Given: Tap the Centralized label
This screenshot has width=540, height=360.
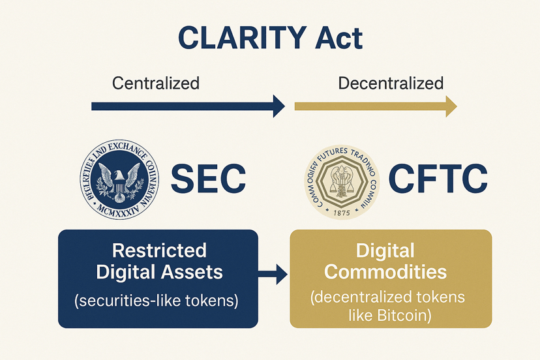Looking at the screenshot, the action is pyautogui.click(x=156, y=83).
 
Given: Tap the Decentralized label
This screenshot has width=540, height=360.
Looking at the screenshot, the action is pyautogui.click(x=391, y=83).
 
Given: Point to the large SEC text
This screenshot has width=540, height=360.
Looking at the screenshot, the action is pyautogui.click(x=208, y=179).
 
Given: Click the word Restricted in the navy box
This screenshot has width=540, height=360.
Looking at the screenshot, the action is pyautogui.click(x=159, y=250).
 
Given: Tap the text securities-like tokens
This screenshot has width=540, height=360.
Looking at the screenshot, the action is pyautogui.click(x=159, y=301).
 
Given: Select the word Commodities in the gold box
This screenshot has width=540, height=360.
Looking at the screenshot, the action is pyautogui.click(x=386, y=271).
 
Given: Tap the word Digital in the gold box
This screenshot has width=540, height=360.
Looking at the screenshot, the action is pyautogui.click(x=386, y=250).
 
